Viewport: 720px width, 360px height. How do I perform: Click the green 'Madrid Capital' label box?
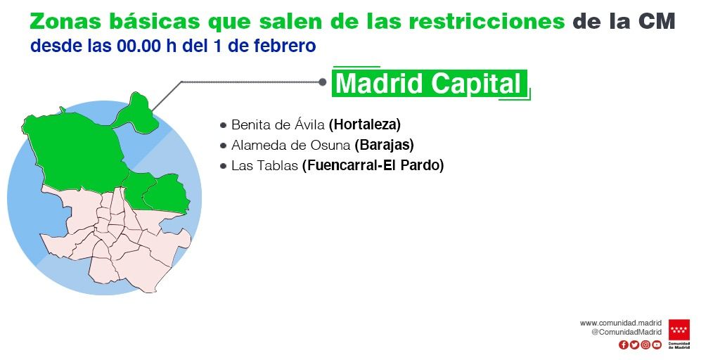point(430,84)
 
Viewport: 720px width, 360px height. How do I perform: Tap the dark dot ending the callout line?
point(323,82)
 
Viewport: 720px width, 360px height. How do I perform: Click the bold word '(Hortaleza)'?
point(364,125)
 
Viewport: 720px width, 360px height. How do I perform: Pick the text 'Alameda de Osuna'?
point(291,146)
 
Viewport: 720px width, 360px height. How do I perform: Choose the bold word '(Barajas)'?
point(384,146)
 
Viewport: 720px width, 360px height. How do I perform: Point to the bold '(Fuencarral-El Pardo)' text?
point(373,166)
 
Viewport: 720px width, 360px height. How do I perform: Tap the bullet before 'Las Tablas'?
point(224,167)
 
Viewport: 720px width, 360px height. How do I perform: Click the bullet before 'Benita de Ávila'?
point(224,126)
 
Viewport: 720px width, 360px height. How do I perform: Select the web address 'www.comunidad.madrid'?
point(621,323)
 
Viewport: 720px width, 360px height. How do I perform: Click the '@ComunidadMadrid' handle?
point(626,332)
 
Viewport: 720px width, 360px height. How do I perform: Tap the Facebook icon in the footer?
point(623,345)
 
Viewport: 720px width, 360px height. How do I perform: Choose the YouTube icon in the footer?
point(657,345)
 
